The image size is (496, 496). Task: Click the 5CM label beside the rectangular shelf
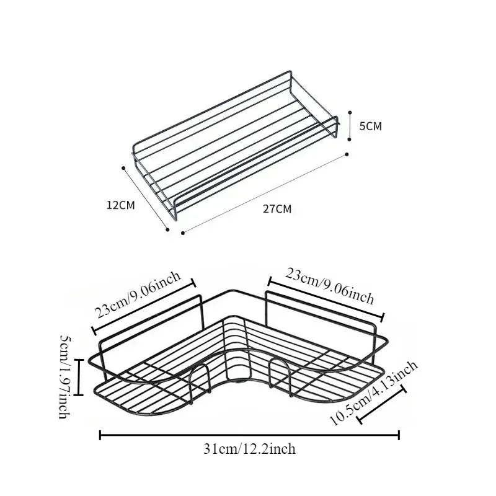pos(371,126)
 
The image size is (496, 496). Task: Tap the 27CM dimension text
pos(277,208)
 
